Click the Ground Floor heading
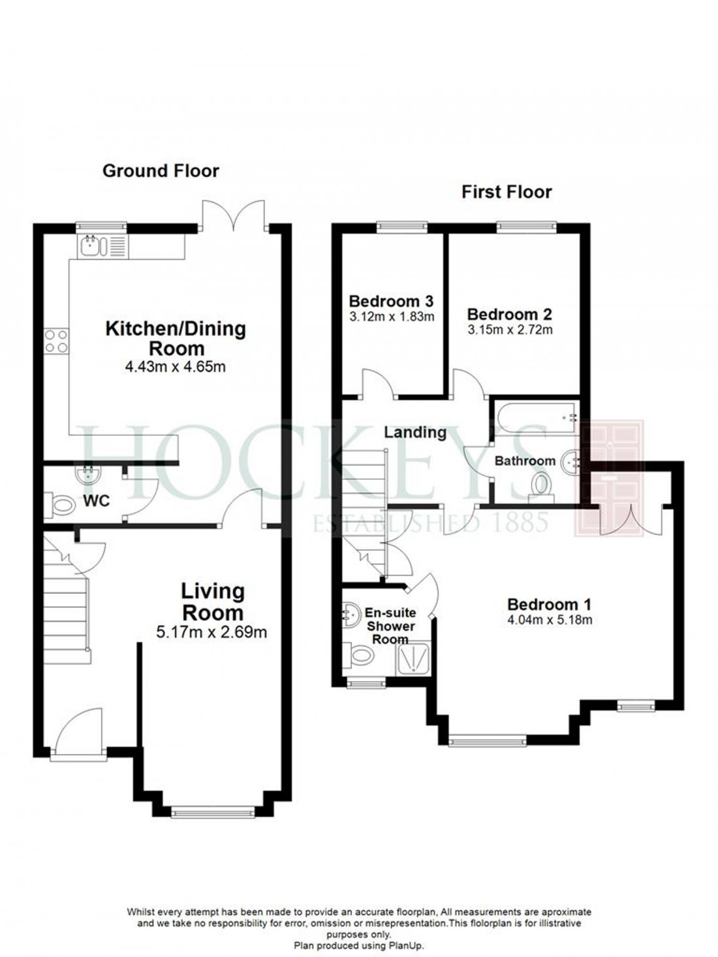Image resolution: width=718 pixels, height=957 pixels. (161, 171)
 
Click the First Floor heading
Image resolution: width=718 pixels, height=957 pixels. (507, 192)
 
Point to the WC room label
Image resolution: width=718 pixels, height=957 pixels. (95, 501)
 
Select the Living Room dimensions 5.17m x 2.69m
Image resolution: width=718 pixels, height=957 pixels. (213, 632)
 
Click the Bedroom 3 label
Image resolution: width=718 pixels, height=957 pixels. (391, 302)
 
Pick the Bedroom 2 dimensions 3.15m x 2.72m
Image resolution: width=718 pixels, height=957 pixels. (510, 330)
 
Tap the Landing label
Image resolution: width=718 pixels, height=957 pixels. (415, 432)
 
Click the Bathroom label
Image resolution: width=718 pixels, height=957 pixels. (525, 461)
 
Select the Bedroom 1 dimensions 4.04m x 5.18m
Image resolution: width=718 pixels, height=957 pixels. (550, 620)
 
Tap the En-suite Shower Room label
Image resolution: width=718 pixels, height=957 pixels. (390, 626)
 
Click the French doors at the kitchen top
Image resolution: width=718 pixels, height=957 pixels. (233, 214)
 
